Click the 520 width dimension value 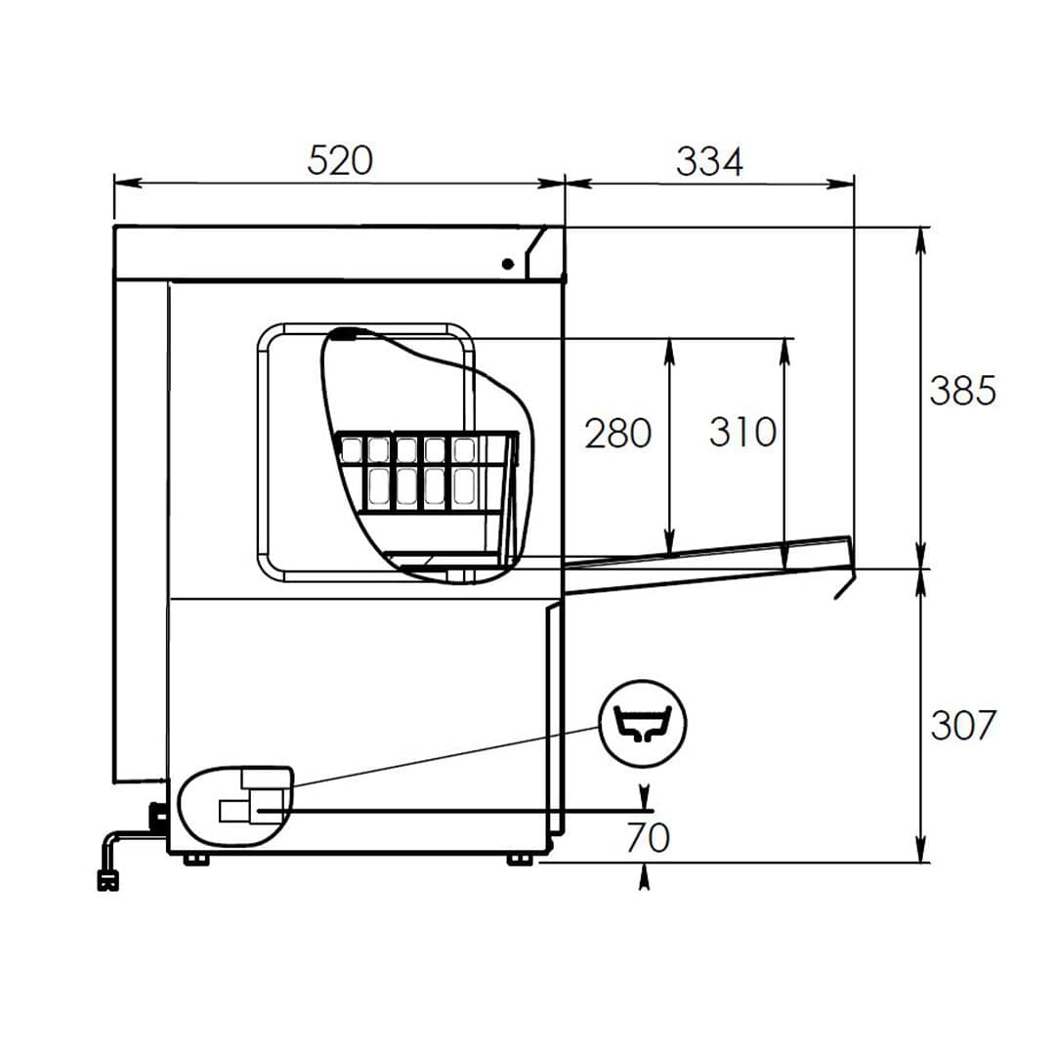339,160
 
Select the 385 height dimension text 962,391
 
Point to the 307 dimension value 962,726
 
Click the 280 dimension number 617,433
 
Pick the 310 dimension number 742,432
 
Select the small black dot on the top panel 508,263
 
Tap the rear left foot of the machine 195,859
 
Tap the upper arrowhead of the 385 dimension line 921,239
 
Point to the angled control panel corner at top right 542,251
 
